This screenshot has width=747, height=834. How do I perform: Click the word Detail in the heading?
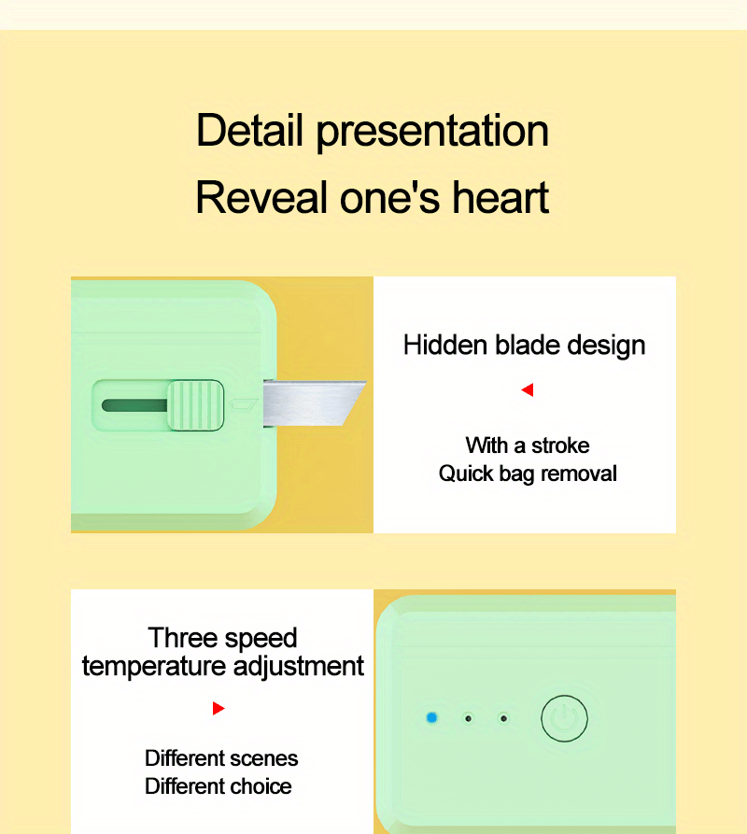tap(249, 130)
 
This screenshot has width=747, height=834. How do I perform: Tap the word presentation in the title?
tap(432, 133)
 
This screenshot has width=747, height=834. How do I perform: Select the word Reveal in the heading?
tap(261, 197)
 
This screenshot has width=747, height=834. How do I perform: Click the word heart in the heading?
tap(500, 197)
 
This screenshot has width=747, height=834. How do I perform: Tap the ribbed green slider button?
tap(196, 404)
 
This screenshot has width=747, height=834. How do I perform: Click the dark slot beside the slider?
tap(134, 405)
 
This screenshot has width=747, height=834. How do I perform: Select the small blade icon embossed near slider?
tap(243, 404)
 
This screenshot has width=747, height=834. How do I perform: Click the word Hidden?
tap(445, 345)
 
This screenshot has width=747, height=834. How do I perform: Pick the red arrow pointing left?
tap(528, 389)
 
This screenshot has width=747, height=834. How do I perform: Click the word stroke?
tap(560, 445)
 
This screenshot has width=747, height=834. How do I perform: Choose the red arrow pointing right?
tap(218, 709)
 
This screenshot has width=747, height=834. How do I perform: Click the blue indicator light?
tap(431, 718)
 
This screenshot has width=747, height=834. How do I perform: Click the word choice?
tap(261, 786)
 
